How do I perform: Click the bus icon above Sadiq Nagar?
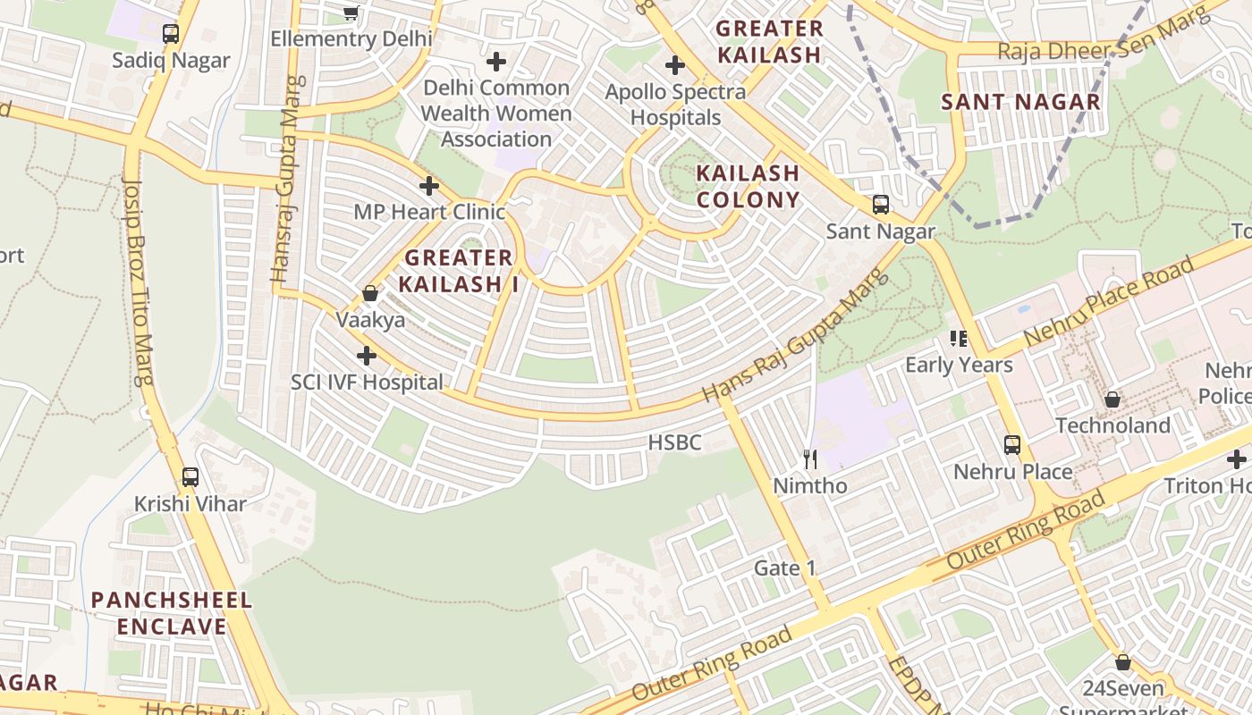tap(171, 34)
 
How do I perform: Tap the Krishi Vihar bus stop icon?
tap(190, 477)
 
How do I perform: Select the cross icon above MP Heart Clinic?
tap(429, 186)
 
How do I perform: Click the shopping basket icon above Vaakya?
tap(370, 293)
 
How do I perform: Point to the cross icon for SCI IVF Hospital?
tap(366, 356)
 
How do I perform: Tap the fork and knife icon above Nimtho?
tap(810, 459)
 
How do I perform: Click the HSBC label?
tap(674, 442)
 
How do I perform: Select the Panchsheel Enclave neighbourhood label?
tap(172, 612)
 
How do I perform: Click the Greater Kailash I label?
tap(458, 271)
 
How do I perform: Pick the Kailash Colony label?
tap(748, 186)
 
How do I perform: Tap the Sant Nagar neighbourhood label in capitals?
tap(1020, 102)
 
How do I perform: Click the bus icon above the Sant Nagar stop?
tap(881, 205)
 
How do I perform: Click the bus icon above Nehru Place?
tap(1012, 444)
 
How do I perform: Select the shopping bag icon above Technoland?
tap(1112, 399)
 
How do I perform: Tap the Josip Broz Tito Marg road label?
tap(139, 281)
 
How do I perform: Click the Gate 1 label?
tap(785, 568)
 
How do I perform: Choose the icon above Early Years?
tap(959, 338)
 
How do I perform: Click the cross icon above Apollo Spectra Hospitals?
tap(675, 65)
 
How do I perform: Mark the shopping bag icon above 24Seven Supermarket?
tap(1123, 662)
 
